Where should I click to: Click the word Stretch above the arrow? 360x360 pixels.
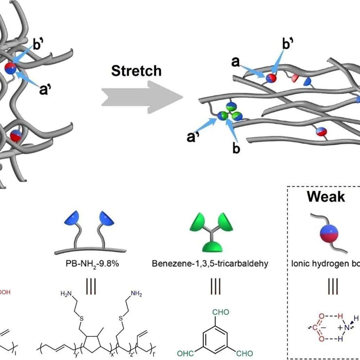coord(136,71)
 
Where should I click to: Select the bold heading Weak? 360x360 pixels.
coord(326,197)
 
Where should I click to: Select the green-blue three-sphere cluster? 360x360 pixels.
coord(230,113)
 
